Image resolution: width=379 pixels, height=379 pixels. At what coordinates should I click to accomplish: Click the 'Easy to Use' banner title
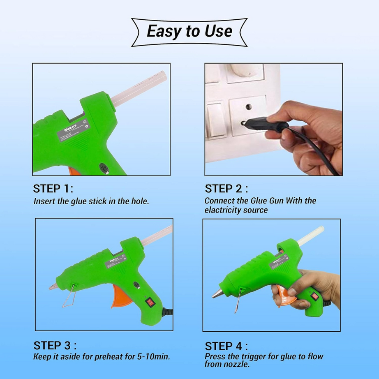pos(189,31)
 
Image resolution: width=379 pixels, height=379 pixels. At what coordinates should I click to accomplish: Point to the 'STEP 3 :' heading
pos(55,345)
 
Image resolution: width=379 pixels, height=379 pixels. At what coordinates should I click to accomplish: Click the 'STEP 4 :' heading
pos(226,346)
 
